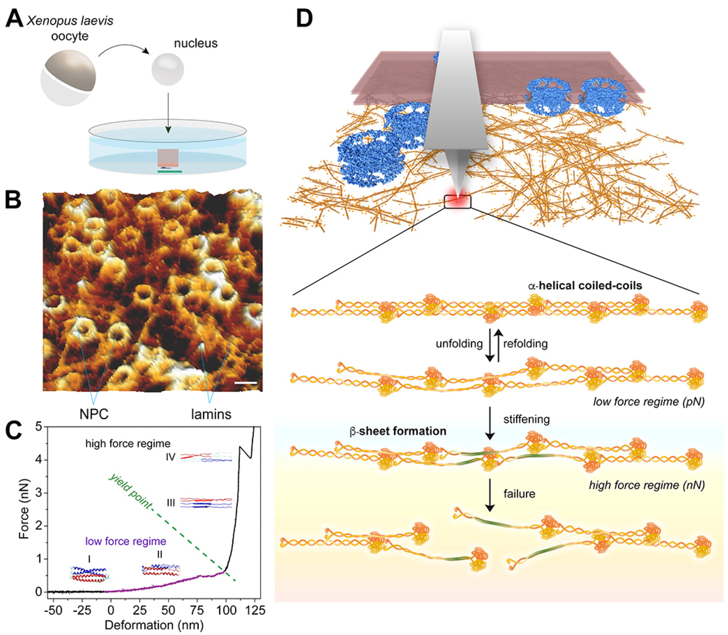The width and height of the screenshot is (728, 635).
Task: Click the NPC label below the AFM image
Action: [94, 413]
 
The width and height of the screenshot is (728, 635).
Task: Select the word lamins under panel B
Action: [211, 413]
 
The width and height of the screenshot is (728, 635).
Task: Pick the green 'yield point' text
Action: [130, 493]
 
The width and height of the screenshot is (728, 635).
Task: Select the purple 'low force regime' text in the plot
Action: [126, 541]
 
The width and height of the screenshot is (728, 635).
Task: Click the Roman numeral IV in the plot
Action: [170, 457]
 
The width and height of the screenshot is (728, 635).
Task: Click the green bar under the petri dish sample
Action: [170, 172]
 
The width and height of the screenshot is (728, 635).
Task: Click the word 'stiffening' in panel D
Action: [526, 419]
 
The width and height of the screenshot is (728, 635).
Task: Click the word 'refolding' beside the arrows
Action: [525, 343]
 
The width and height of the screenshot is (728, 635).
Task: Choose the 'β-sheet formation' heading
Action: [398, 431]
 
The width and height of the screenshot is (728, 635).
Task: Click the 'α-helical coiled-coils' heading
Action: [585, 286]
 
